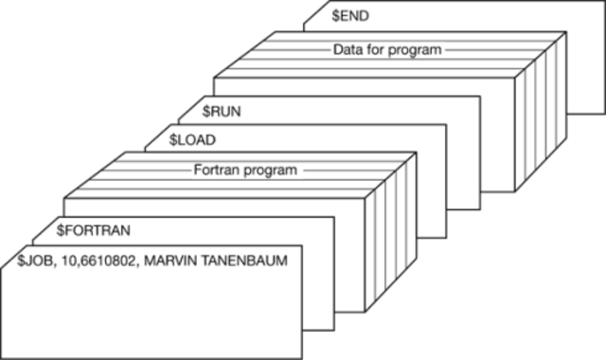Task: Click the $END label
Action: pos(349,16)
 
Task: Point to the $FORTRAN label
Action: pos(93,229)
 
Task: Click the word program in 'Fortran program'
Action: pos(269,171)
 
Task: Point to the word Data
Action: pos(348,49)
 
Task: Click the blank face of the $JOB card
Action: pos(161,303)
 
